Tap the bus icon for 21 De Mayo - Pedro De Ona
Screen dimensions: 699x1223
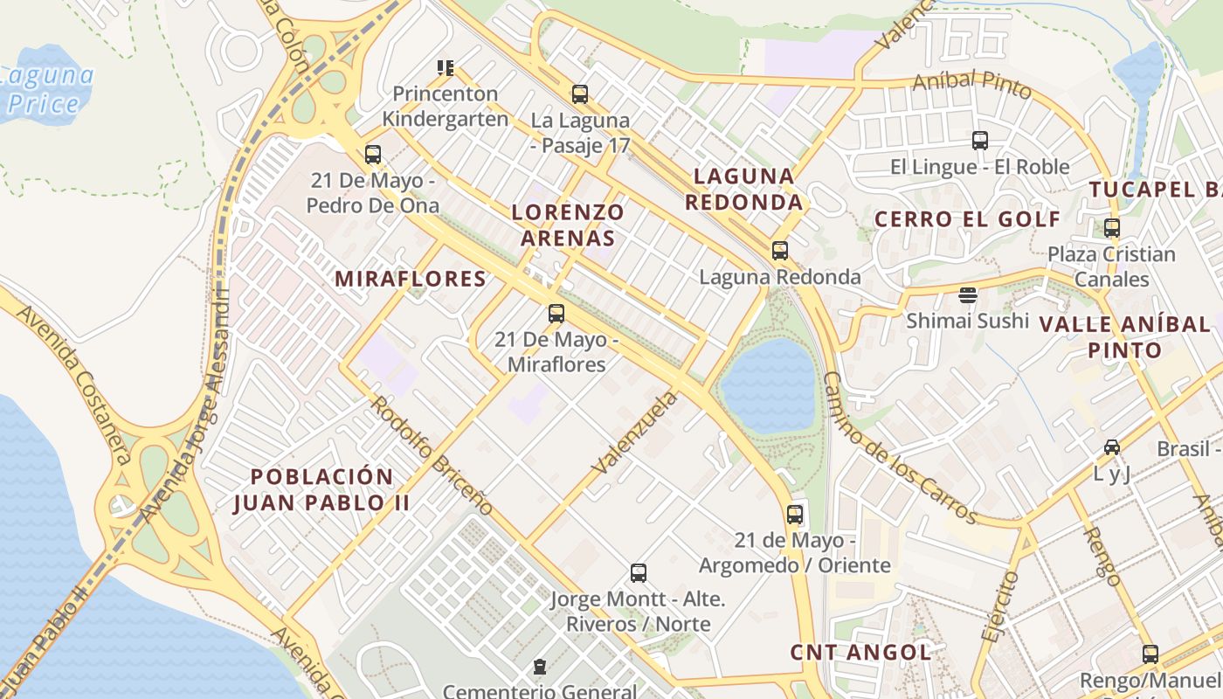pyautogui.click(x=373, y=155)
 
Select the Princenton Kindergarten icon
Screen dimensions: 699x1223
pyautogui.click(x=446, y=67)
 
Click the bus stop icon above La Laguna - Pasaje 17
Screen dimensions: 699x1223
pyautogui.click(x=579, y=93)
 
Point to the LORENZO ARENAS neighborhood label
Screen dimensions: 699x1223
pyautogui.click(x=568, y=225)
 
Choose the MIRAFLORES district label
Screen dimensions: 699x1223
pyautogui.click(x=411, y=279)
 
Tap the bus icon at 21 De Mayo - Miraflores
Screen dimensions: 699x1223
pyautogui.click(x=556, y=313)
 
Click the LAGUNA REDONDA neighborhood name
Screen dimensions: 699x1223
pyautogui.click(x=743, y=189)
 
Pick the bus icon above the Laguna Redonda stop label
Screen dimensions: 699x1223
pyautogui.click(x=780, y=251)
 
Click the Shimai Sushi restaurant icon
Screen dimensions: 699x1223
pyautogui.click(x=967, y=294)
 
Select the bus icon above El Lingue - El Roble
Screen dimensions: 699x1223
pyautogui.click(x=979, y=140)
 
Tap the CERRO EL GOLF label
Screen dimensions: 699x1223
pyautogui.click(x=968, y=219)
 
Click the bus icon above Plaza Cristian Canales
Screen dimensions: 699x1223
pyautogui.click(x=1112, y=228)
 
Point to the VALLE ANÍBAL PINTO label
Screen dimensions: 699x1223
pyautogui.click(x=1124, y=337)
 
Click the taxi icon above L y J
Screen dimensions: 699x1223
pyautogui.click(x=1112, y=447)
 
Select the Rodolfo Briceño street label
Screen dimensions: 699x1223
pyautogui.click(x=432, y=455)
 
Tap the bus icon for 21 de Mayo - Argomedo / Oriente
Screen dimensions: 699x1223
pyautogui.click(x=794, y=514)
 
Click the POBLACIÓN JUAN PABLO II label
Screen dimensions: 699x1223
pyautogui.click(x=321, y=489)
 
